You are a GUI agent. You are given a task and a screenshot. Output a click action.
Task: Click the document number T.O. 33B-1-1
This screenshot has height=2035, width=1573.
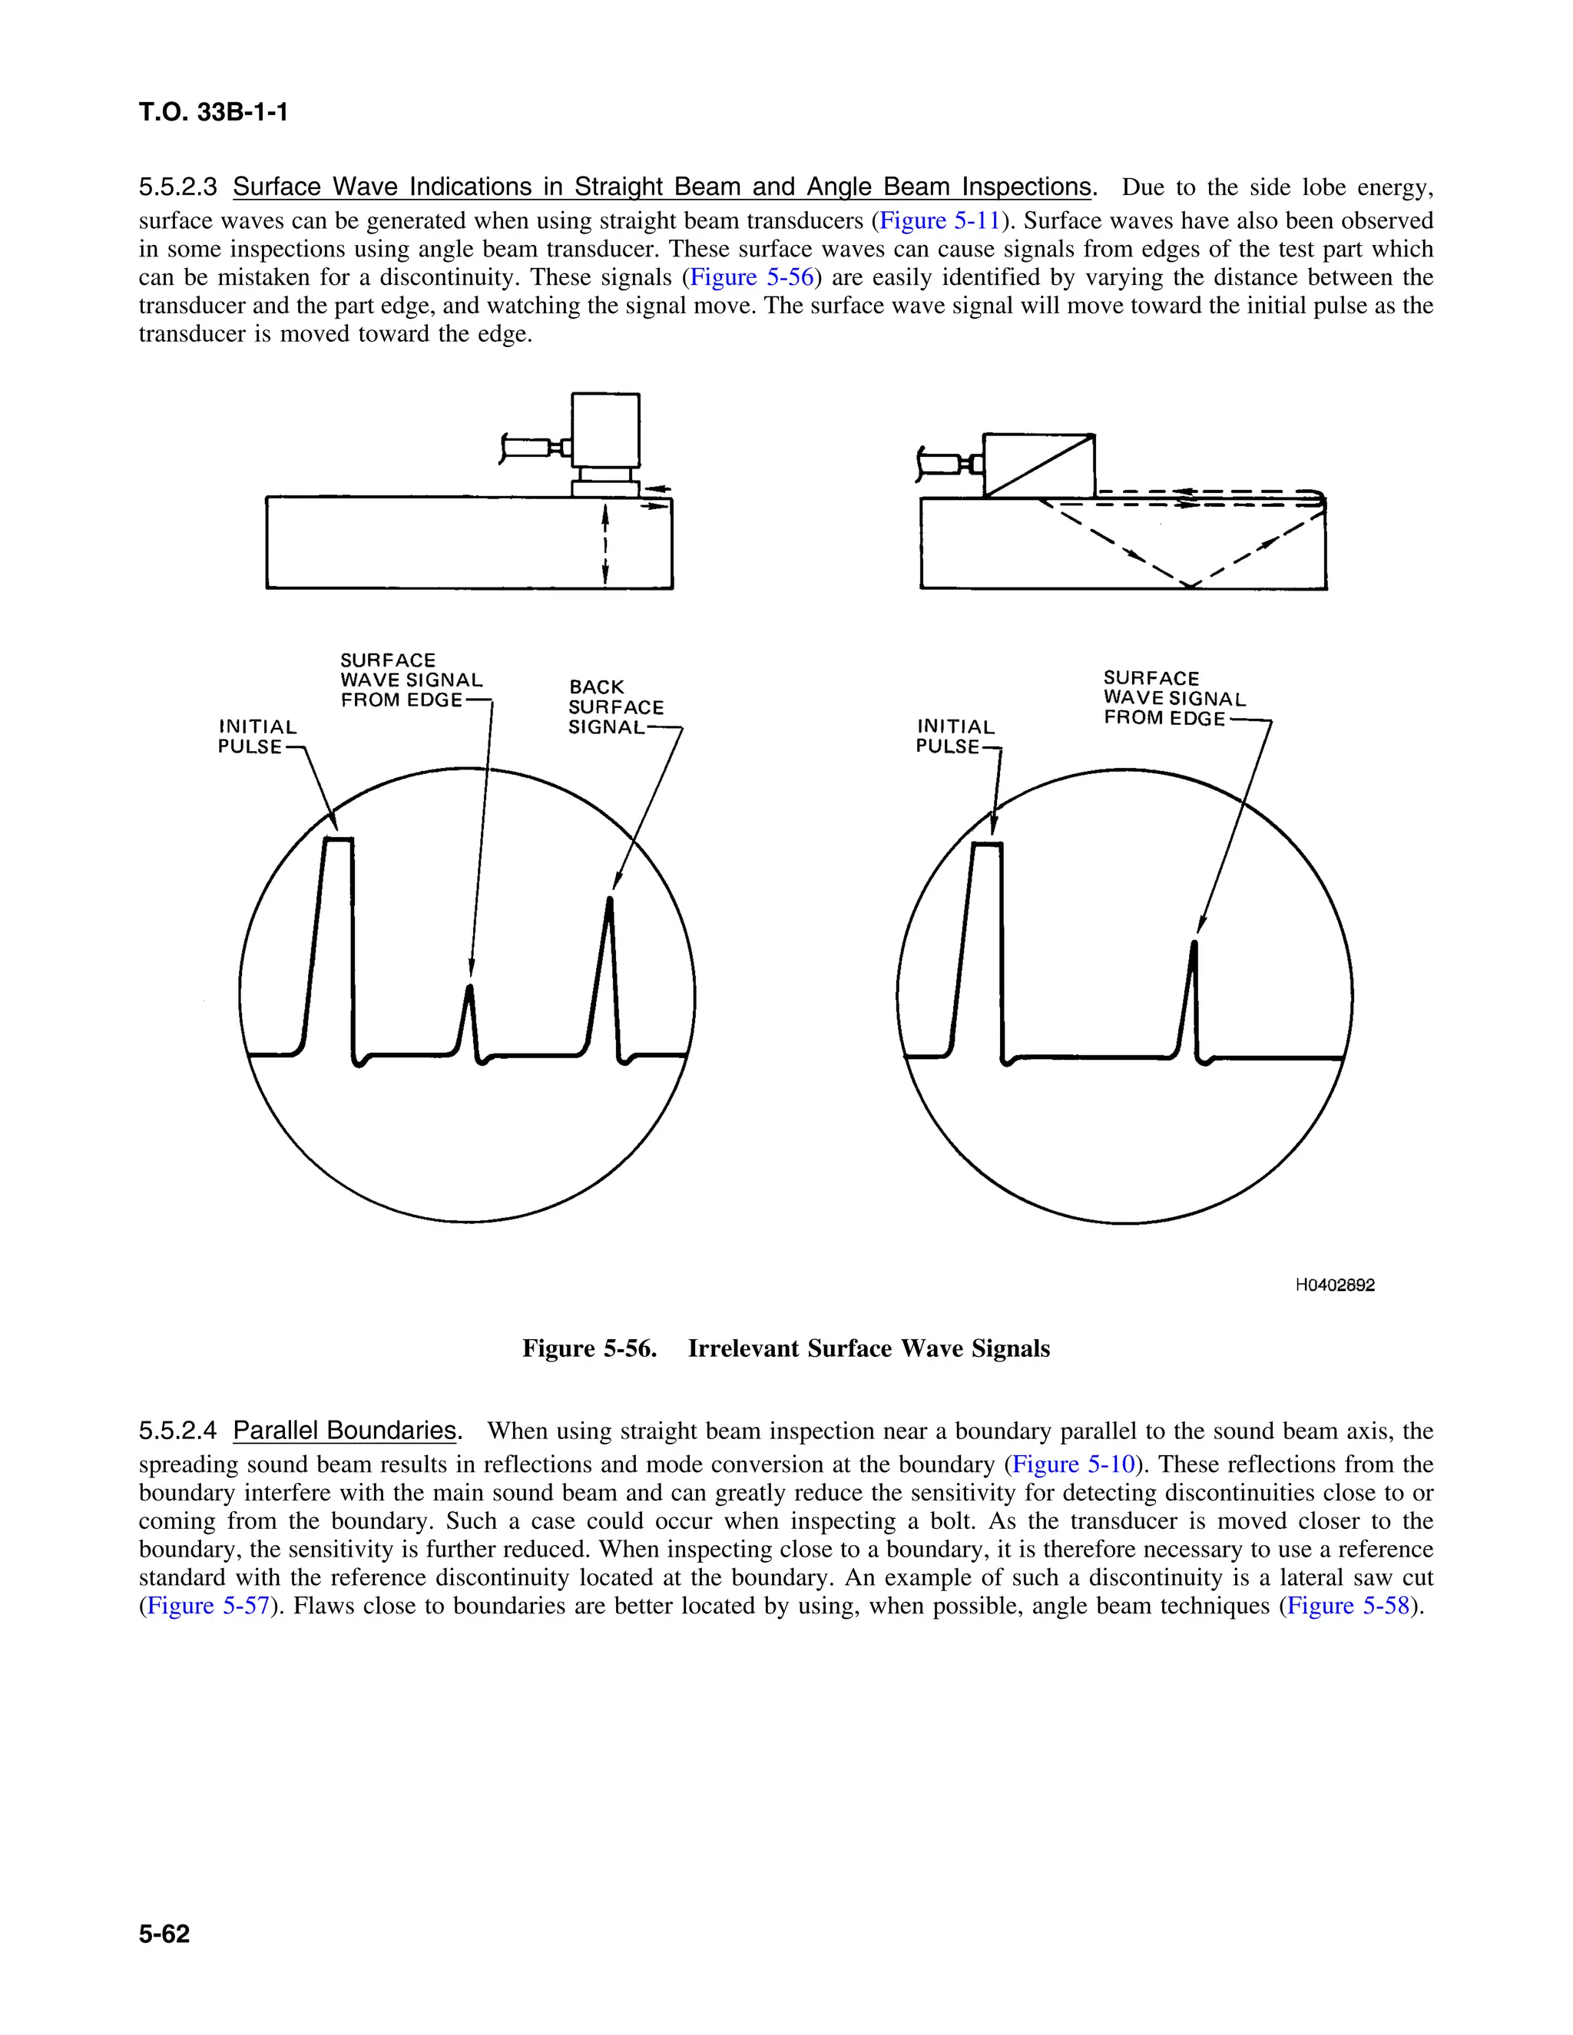214,113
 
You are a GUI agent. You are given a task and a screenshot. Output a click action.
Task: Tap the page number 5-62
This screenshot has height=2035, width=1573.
164,1934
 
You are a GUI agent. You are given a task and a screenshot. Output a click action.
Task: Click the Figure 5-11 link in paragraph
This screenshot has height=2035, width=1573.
939,221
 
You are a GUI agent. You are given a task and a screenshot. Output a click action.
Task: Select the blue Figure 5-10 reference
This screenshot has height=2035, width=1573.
1072,1464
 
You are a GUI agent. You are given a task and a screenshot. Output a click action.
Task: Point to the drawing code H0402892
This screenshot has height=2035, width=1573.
1334,1285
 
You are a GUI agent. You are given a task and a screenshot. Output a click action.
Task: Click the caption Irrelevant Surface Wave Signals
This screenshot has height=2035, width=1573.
868,1348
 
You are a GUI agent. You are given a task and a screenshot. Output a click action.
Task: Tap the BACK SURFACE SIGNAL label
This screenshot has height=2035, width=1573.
615,707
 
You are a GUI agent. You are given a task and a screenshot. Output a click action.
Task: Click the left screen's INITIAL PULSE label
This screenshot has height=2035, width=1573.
257,736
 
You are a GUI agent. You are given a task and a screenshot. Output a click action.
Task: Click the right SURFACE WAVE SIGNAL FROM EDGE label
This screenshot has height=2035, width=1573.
1174,698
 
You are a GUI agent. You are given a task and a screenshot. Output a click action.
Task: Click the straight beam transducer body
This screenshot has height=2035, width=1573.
606,429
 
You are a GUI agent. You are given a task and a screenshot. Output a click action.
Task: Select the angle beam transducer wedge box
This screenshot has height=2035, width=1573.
1038,465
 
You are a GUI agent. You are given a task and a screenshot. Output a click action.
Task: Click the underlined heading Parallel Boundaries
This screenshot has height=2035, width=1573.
345,1431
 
